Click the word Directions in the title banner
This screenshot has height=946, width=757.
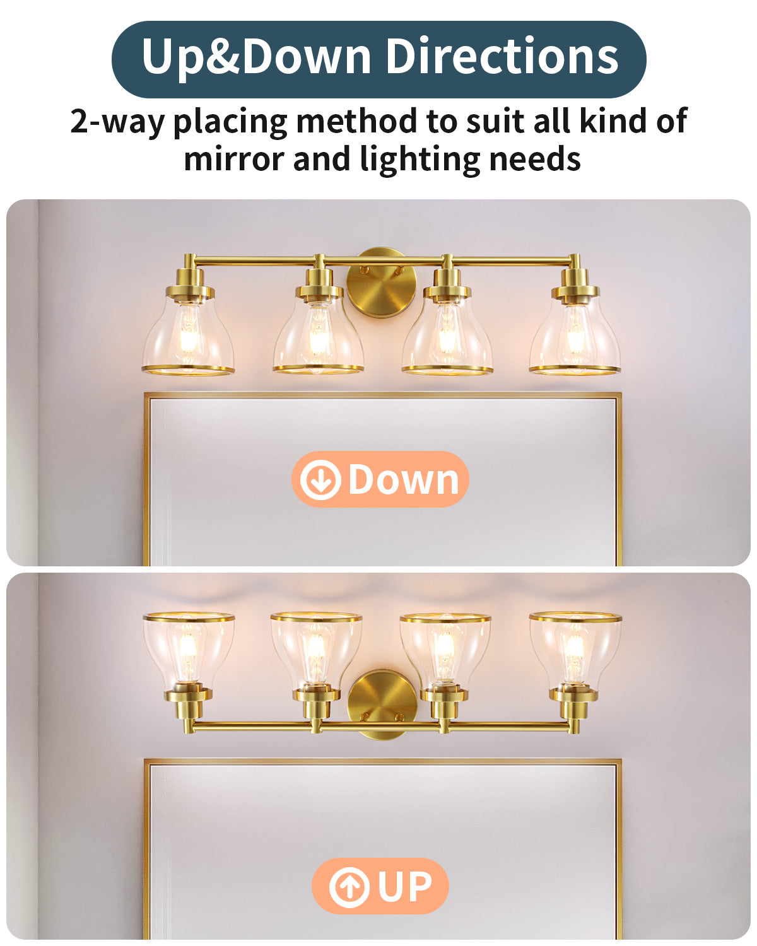point(502,56)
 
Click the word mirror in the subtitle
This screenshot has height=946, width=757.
point(233,159)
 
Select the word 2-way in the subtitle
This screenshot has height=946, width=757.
point(117,122)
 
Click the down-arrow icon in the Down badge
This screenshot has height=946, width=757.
point(320,479)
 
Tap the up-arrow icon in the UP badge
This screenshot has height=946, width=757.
point(349,885)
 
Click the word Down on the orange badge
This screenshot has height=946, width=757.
point(403,479)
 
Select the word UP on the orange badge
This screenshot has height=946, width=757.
point(405,885)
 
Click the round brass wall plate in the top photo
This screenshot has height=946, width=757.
point(382,283)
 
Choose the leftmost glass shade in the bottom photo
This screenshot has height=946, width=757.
point(189,649)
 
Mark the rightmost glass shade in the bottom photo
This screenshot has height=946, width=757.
point(575,649)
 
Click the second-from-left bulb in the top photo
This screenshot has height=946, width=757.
point(317,336)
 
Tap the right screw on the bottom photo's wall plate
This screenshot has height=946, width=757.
point(399,718)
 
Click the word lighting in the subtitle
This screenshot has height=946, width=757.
point(420,160)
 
